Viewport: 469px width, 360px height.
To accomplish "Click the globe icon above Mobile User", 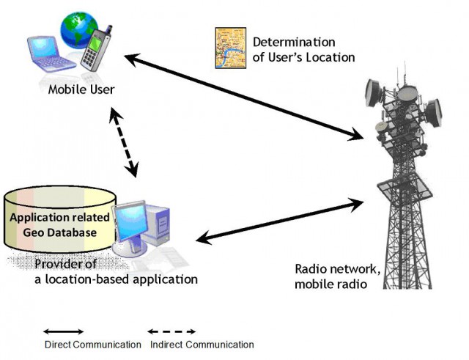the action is (x=78, y=29).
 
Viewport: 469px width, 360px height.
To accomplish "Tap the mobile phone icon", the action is (x=96, y=48).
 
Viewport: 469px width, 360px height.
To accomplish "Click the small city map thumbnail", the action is (x=231, y=48).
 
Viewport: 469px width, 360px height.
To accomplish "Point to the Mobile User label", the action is (x=81, y=89).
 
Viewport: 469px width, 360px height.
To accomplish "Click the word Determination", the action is (x=294, y=43).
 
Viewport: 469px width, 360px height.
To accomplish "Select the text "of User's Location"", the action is (x=303, y=57).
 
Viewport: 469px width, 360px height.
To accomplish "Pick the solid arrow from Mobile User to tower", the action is (x=244, y=97).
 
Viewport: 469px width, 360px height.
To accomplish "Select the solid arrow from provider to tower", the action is (x=280, y=221).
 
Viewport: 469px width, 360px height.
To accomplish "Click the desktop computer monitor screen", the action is (x=130, y=221).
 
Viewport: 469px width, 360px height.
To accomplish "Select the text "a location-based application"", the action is (x=116, y=279).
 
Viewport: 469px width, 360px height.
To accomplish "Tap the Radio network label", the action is (x=337, y=276).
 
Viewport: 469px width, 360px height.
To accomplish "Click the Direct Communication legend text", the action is (x=93, y=345).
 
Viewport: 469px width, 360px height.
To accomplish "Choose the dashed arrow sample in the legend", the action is (x=171, y=331).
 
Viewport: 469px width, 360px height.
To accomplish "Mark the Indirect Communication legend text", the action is (x=202, y=345).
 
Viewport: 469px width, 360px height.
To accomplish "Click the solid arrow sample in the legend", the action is (x=64, y=331).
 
